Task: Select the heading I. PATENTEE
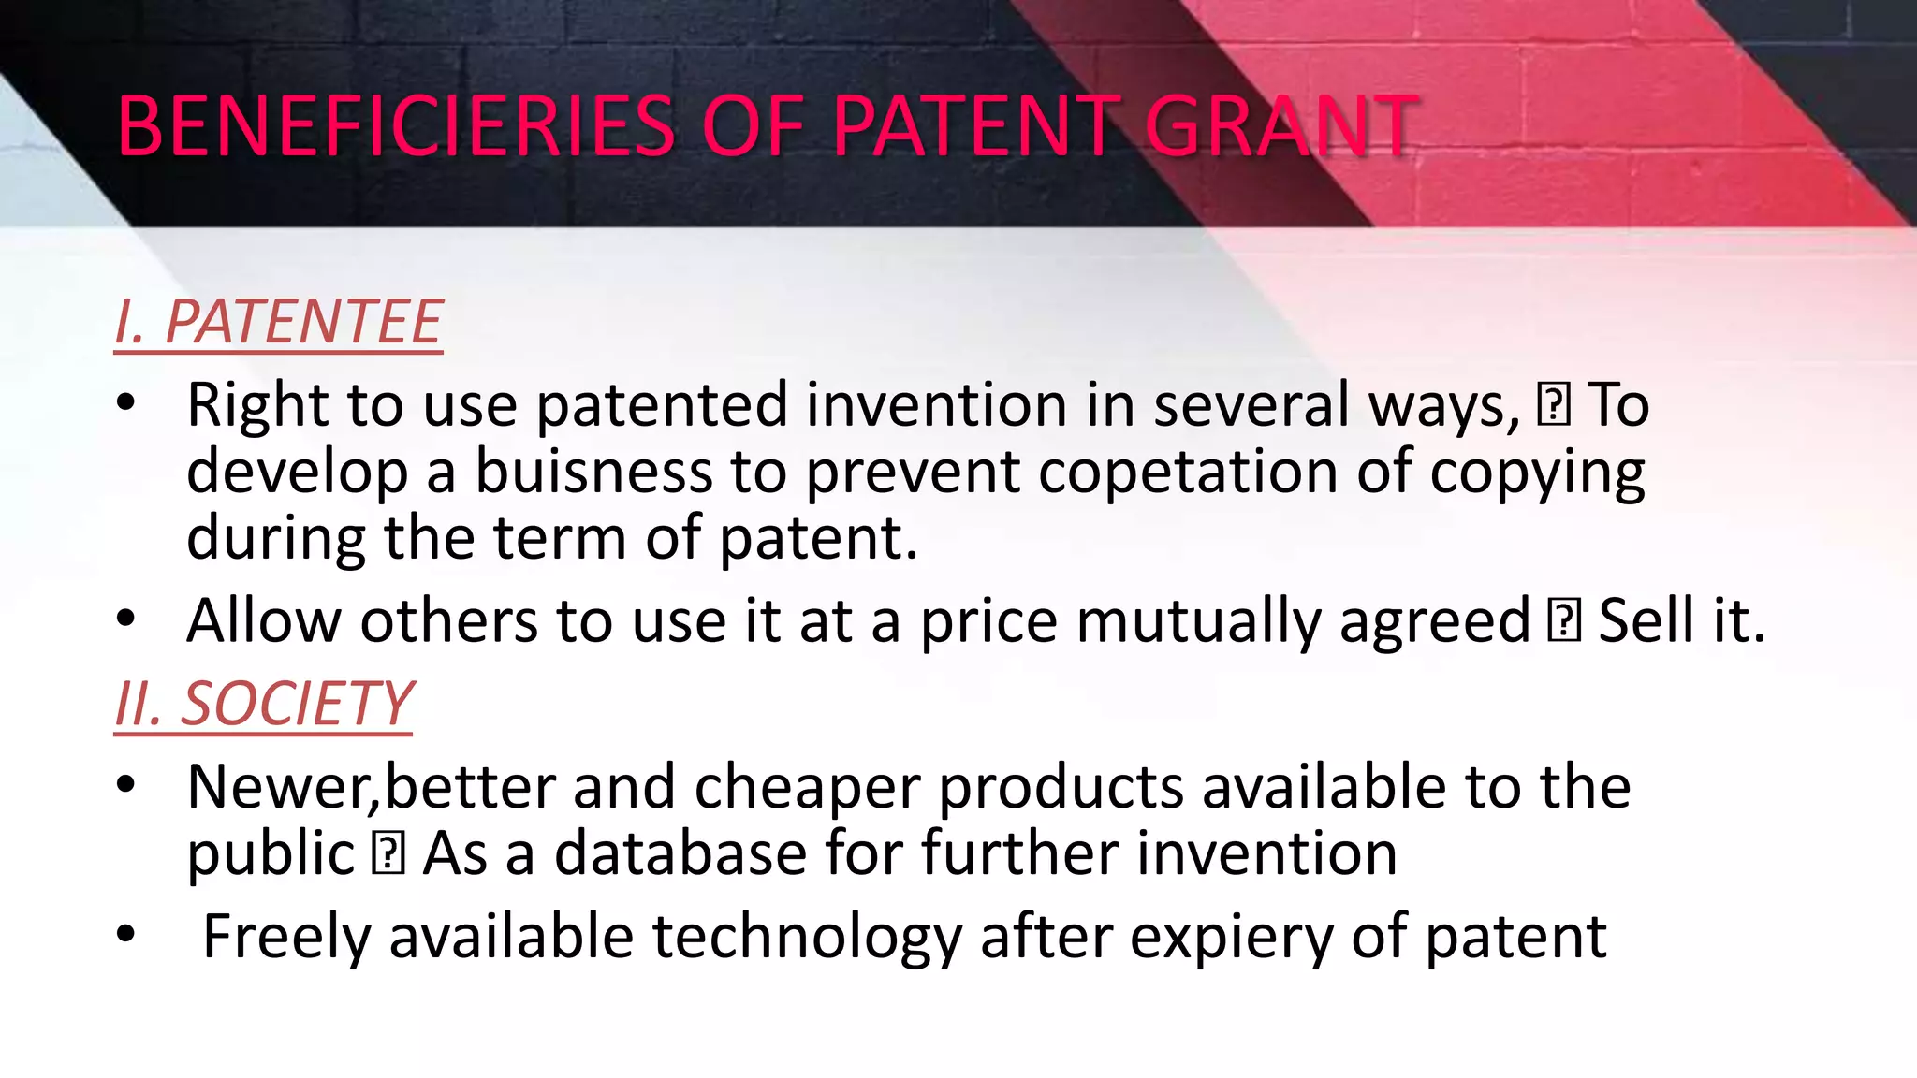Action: (x=278, y=323)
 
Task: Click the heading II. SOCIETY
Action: (x=263, y=704)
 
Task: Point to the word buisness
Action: (x=593, y=471)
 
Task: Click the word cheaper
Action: (x=807, y=788)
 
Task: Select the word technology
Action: (x=807, y=938)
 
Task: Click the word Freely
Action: (x=286, y=938)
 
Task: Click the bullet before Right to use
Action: (x=126, y=404)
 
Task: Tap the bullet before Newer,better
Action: (x=126, y=785)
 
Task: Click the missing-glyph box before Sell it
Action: (x=1564, y=620)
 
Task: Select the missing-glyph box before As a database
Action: (x=388, y=853)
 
